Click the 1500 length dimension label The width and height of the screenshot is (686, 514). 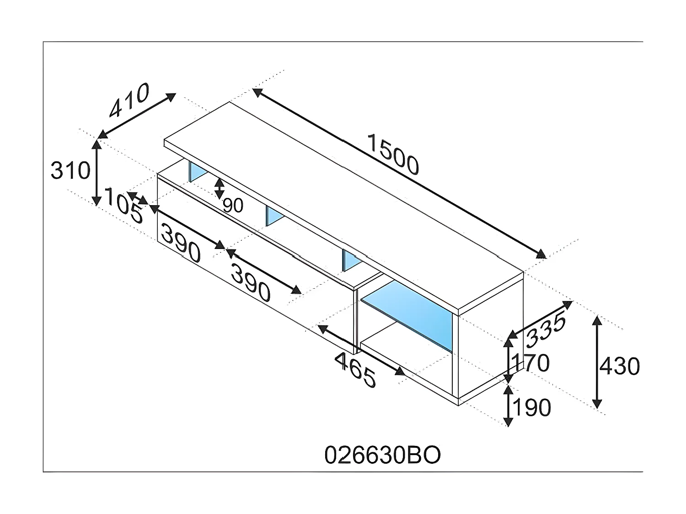click(392, 154)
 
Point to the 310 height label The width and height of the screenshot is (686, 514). click(70, 171)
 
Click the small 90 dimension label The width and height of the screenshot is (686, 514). click(233, 206)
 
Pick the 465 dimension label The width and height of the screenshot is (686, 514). click(355, 370)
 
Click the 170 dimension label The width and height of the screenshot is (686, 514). click(531, 363)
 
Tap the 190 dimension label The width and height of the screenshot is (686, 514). click(531, 407)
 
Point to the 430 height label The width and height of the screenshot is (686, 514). click(619, 366)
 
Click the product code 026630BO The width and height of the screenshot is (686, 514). click(382, 455)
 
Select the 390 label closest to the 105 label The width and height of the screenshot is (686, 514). click(181, 245)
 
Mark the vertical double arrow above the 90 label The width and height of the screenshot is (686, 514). click(220, 188)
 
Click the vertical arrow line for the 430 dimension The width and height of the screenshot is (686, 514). click(597, 361)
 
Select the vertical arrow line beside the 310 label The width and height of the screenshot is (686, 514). click(96, 173)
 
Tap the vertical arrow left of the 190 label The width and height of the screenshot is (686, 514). click(508, 406)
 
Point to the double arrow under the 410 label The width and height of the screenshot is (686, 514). click(137, 116)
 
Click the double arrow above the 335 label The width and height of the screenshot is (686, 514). click(541, 318)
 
